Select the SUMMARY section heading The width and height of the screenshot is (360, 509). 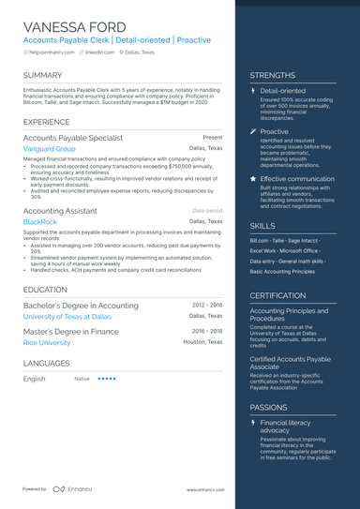pos(43,75)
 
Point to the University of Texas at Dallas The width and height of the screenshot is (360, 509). pos(67,317)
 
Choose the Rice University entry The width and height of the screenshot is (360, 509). pos(47,343)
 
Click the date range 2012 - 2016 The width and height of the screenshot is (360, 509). pos(207,306)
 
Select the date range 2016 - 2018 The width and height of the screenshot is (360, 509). pos(207,331)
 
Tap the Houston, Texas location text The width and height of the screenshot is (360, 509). pos(202,343)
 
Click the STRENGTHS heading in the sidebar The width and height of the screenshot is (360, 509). pos(273,75)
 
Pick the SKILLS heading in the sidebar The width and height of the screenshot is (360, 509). pos(262,226)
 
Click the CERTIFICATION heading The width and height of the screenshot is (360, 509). pos(278,295)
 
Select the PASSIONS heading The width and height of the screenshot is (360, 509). pos(268,409)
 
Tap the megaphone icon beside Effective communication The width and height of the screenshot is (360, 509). pos(253,178)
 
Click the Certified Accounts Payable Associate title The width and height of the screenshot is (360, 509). pos(290,363)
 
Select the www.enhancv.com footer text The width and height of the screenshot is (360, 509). pos(203,490)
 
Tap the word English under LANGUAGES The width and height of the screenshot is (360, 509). pos(34,379)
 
